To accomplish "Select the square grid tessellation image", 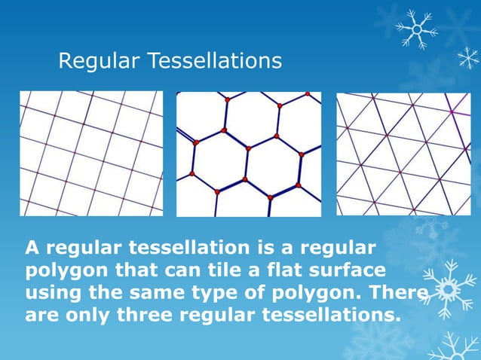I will (x=91, y=154).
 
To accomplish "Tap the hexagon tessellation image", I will (x=248, y=154).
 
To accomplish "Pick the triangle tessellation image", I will (x=403, y=154).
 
